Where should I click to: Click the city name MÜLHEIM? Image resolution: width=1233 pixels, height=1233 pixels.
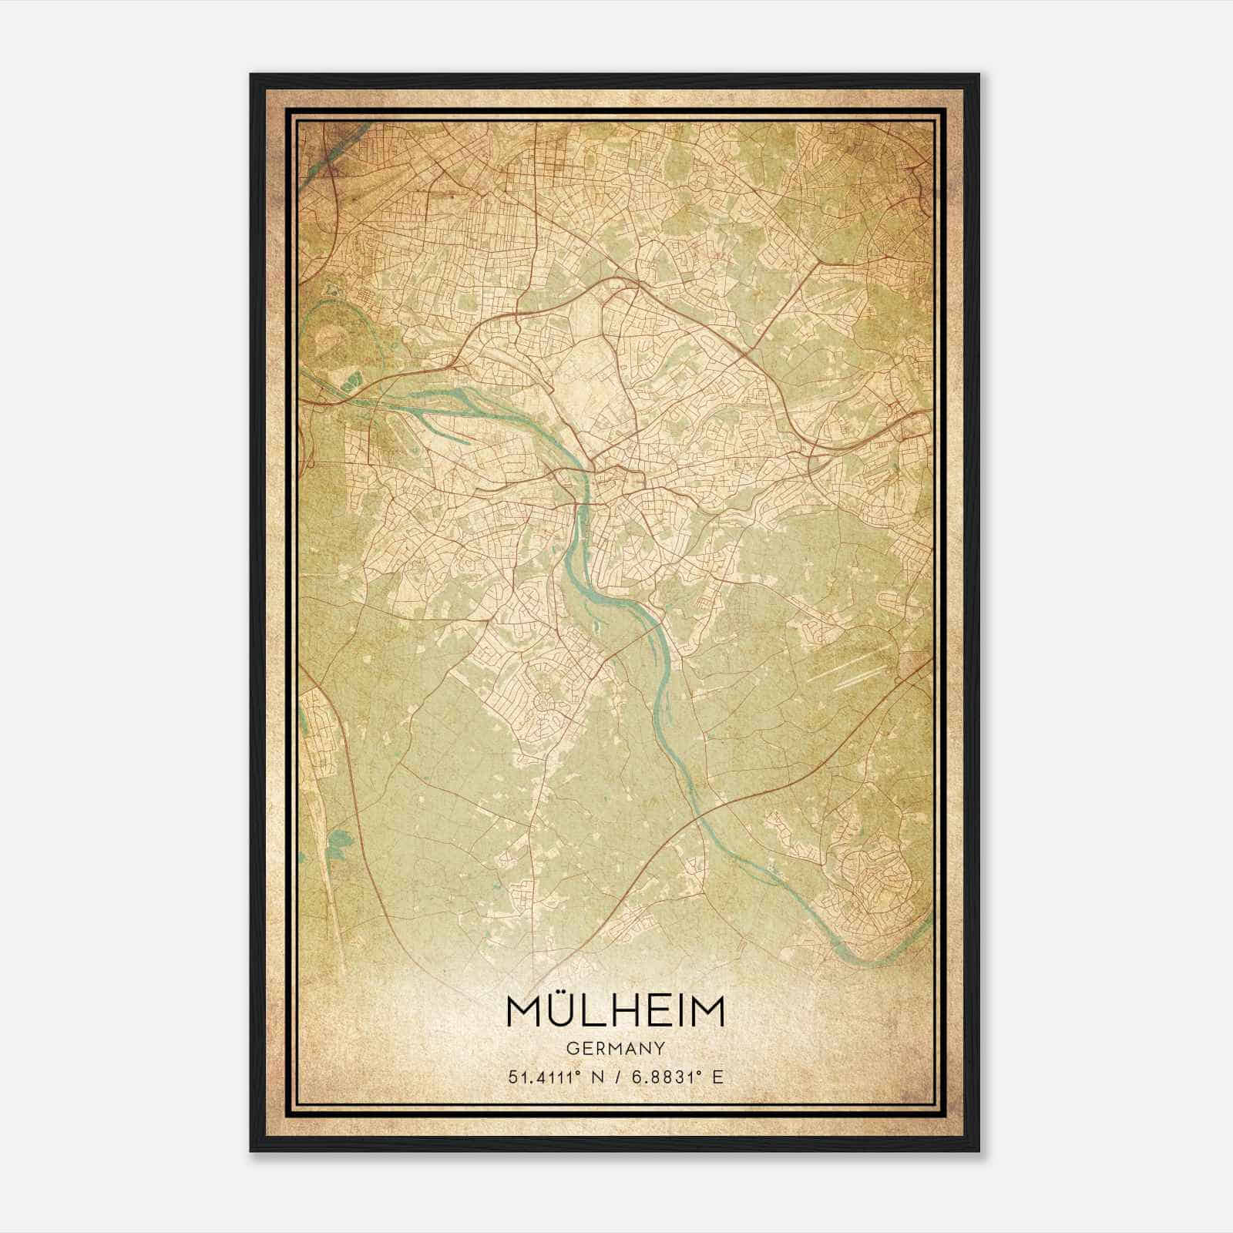[615, 1012]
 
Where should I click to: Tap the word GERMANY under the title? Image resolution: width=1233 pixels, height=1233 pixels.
[615, 1048]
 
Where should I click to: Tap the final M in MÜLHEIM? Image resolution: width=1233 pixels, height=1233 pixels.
[708, 1012]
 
